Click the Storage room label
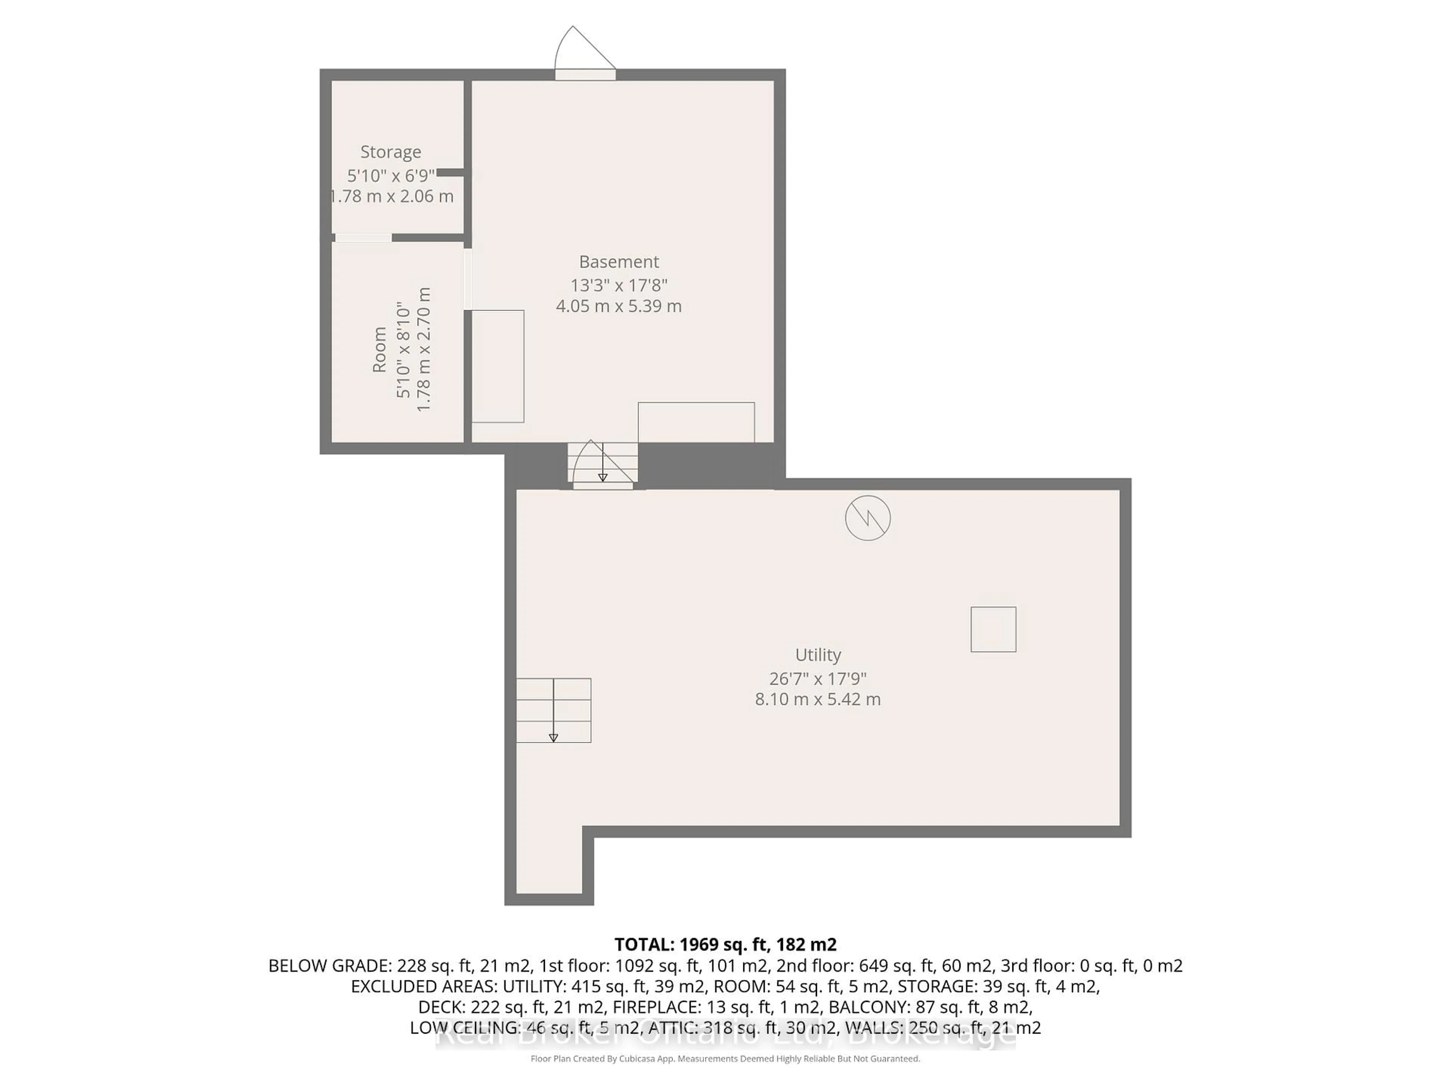click(390, 152)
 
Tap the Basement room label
click(619, 262)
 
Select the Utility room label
click(817, 655)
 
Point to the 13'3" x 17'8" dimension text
click(619, 285)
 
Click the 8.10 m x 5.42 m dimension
click(817, 699)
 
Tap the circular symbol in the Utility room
click(867, 518)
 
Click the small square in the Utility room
click(993, 629)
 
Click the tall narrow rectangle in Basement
click(498, 366)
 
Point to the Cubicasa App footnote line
click(725, 1059)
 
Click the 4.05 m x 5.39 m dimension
click(619, 306)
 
